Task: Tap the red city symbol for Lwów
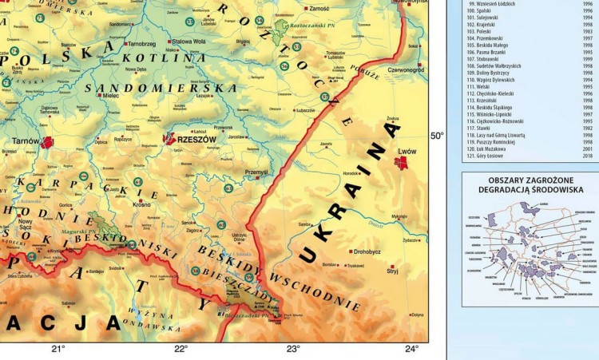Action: [402, 163]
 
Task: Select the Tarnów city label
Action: [26, 141]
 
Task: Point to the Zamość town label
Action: [319, 8]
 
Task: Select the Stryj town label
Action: [392, 271]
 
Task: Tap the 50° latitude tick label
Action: [438, 136]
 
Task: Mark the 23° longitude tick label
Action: [293, 349]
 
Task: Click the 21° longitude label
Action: [58, 349]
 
